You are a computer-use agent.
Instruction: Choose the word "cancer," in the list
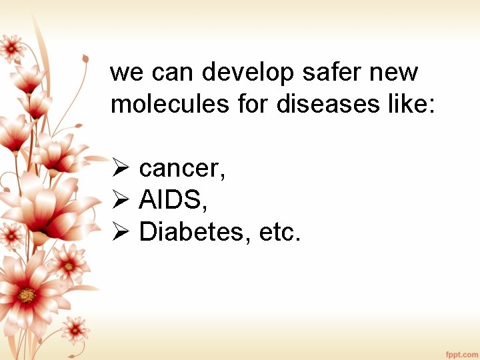pyautogui.click(x=182, y=169)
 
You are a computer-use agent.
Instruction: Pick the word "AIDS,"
pyautogui.click(x=177, y=200)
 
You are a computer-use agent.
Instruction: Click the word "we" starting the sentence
pyautogui.click(x=123, y=73)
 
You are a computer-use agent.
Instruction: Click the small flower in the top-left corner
pyautogui.click(x=11, y=47)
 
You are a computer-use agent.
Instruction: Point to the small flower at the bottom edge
pyautogui.click(x=75, y=329)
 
